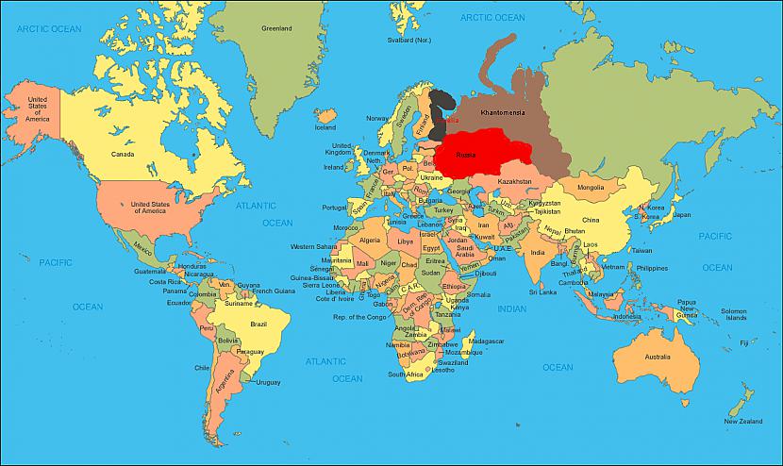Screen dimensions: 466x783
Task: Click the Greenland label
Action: point(276,28)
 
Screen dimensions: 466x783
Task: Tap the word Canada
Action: point(123,154)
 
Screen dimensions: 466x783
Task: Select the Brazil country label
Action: point(258,324)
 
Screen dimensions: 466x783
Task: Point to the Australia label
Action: point(657,358)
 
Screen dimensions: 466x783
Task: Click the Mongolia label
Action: point(590,187)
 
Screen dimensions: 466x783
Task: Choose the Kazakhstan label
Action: point(514,181)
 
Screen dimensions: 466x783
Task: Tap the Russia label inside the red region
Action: point(465,155)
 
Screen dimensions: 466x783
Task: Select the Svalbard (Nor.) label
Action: point(408,40)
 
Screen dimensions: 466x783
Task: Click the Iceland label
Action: point(325,127)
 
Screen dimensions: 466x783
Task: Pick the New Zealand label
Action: point(743,422)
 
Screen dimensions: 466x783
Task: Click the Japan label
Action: point(681,214)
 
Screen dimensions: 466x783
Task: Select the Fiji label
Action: point(744,342)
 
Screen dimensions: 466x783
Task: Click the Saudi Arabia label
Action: point(464,250)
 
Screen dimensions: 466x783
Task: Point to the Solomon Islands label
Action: point(734,315)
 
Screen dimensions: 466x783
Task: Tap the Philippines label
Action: point(651,267)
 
